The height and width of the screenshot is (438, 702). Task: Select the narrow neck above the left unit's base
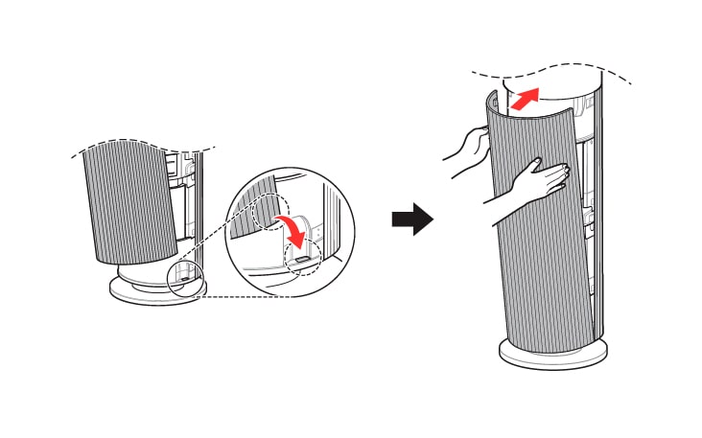pyautogui.click(x=144, y=272)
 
